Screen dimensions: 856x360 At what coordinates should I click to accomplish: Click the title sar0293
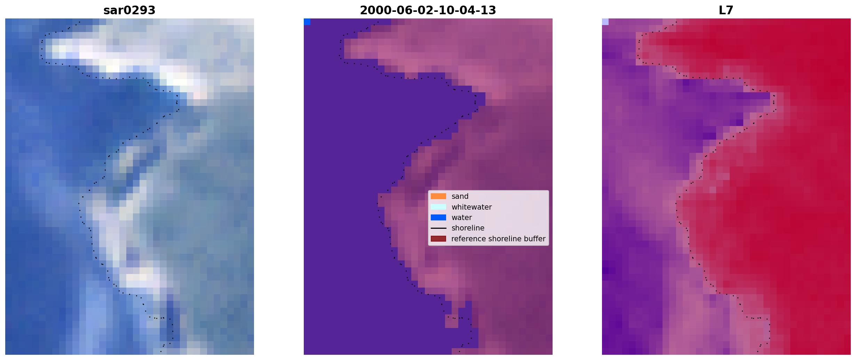[129, 10]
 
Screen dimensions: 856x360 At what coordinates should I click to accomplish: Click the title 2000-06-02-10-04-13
[428, 10]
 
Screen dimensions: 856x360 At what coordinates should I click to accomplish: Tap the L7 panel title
[726, 10]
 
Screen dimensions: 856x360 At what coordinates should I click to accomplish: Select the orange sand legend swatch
[438, 196]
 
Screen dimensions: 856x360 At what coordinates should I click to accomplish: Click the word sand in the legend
[460, 196]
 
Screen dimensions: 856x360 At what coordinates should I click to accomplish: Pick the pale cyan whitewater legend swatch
[438, 207]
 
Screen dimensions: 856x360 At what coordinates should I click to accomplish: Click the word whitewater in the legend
[471, 207]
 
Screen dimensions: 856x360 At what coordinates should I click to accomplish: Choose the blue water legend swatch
[438, 218]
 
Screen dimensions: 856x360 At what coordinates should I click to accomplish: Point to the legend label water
[462, 218]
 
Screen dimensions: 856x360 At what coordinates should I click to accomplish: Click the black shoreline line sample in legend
[438, 228]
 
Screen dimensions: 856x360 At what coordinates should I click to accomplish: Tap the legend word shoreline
[468, 228]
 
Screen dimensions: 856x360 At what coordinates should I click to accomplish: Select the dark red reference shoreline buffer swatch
[438, 239]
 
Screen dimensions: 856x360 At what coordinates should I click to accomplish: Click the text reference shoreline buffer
[498, 239]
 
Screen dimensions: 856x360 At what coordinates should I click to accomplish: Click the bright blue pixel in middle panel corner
[307, 22]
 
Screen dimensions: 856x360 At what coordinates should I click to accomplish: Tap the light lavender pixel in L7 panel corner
[605, 22]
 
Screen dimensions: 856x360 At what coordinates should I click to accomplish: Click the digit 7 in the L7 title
[730, 10]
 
